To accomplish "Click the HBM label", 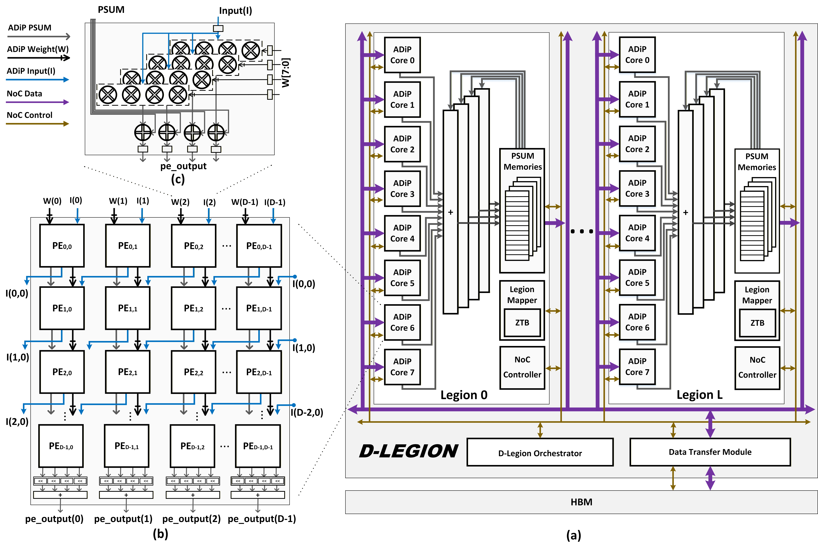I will coord(581,502).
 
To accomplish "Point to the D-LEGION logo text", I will coord(408,451).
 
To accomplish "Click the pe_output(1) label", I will coord(123,519).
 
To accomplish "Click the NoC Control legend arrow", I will coord(38,123).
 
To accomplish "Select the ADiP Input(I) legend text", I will coord(31,71).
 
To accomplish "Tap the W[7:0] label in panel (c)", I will coord(286,73).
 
